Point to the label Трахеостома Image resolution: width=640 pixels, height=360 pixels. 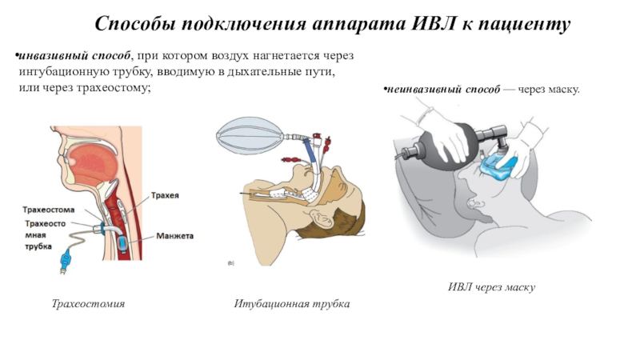[x=50, y=210]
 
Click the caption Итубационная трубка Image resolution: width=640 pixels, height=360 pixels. [x=292, y=305]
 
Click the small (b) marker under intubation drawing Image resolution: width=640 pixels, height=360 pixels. [x=230, y=262]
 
